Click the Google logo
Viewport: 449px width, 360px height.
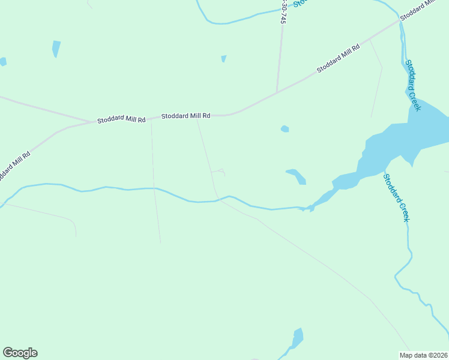click(20, 353)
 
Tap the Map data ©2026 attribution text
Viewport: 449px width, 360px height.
click(423, 355)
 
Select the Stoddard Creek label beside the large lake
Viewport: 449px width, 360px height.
click(413, 85)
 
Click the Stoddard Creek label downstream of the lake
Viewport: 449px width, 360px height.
click(397, 197)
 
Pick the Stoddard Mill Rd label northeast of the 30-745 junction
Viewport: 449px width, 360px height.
click(338, 59)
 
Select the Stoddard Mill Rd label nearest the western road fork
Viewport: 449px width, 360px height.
click(122, 120)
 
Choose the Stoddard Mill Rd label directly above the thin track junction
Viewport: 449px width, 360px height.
click(186, 115)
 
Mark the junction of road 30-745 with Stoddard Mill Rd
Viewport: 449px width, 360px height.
click(277, 92)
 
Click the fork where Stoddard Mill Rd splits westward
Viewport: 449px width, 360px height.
click(90, 122)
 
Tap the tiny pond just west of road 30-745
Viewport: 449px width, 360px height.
click(223, 58)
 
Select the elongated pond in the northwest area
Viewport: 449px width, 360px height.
click(56, 48)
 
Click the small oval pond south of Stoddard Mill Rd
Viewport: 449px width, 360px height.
click(285, 128)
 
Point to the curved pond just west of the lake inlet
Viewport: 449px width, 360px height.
click(297, 176)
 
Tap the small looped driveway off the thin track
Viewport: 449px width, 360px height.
click(220, 172)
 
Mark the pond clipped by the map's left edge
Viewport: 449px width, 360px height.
click(2, 61)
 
